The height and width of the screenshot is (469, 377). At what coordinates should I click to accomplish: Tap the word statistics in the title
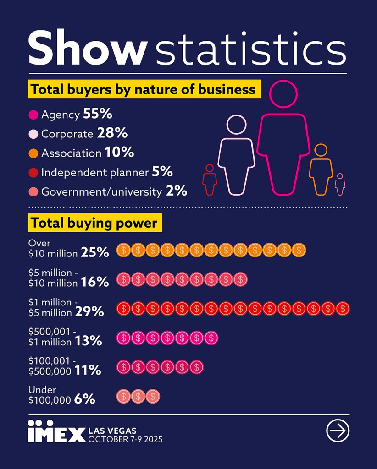pos(250,48)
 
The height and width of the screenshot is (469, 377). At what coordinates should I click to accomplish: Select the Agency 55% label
pos(76,114)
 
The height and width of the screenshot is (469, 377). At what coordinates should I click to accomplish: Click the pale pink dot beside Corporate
pos(33,134)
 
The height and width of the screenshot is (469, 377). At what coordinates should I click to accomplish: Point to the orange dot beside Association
pos(33,153)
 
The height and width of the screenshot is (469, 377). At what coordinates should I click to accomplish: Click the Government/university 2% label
pos(114,191)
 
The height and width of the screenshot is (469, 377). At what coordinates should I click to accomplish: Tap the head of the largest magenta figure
pos(283,94)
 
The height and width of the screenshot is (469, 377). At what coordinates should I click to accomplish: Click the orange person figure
pos(321,169)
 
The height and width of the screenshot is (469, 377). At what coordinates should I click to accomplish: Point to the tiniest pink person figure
pos(340,184)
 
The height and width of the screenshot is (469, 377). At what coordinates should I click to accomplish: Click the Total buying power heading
pos(94,224)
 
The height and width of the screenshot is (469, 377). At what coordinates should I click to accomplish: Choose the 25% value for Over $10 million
pos(95,252)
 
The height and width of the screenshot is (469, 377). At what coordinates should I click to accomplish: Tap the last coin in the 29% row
pos(343,308)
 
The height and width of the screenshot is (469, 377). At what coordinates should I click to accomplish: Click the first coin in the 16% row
pos(123,279)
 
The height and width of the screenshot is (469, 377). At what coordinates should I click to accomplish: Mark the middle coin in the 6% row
pos(138,396)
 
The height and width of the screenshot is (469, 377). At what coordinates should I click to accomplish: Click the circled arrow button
pos(338,431)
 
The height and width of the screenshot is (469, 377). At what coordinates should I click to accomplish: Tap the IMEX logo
pos(56,431)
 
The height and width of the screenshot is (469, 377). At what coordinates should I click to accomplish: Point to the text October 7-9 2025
pos(125,440)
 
